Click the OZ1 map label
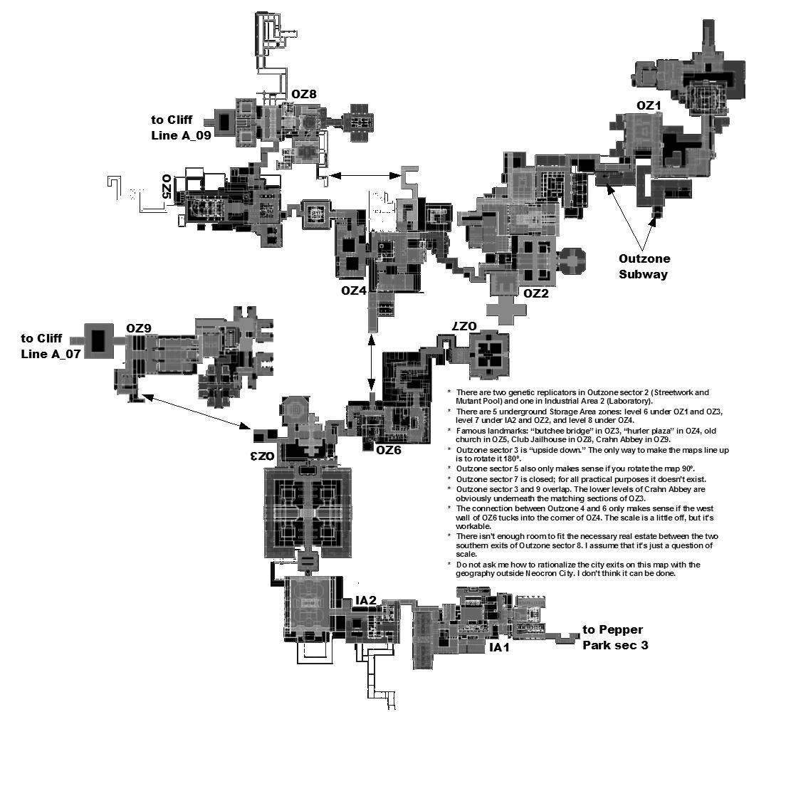pyautogui.click(x=649, y=105)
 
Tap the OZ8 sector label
pyautogui.click(x=303, y=93)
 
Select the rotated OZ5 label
pyautogui.click(x=167, y=186)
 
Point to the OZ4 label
pyautogui.click(x=354, y=290)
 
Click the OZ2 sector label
pyautogui.click(x=536, y=293)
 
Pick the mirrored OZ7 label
pyautogui.click(x=462, y=325)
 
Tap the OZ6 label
pyautogui.click(x=389, y=449)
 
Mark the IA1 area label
pyautogui.click(x=499, y=648)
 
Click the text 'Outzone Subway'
pyautogui.click(x=644, y=266)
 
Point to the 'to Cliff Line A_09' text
pyautogui.click(x=181, y=127)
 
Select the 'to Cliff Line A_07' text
pyautogui.click(x=51, y=346)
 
